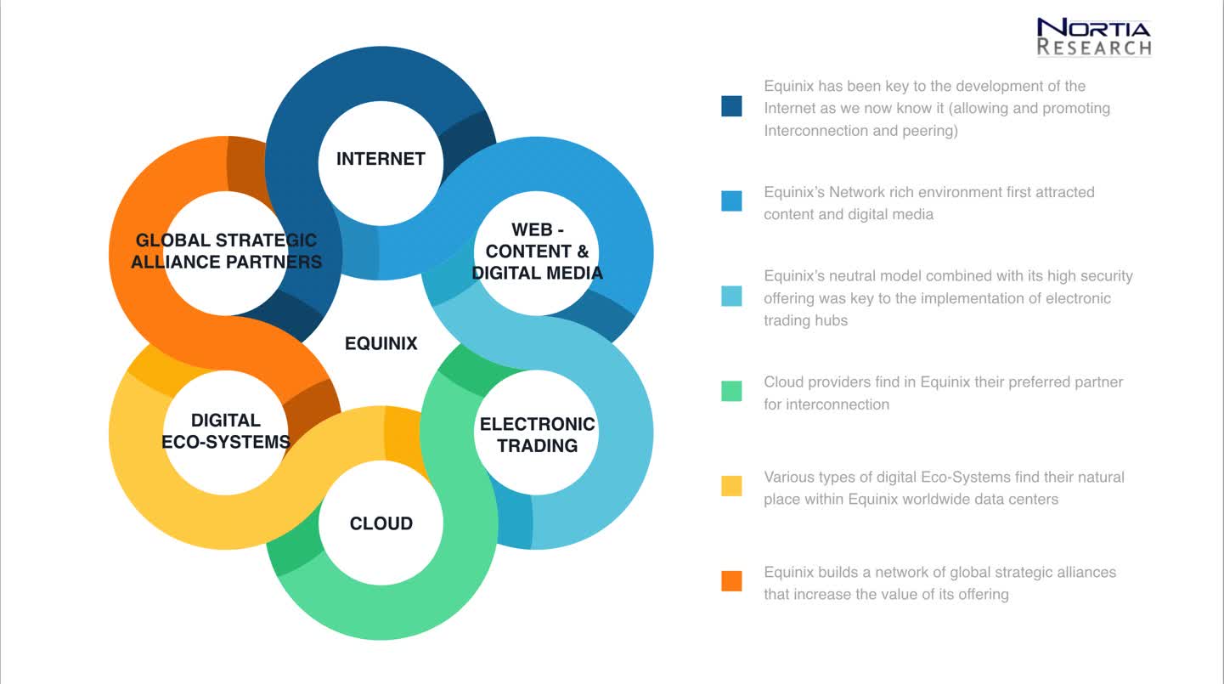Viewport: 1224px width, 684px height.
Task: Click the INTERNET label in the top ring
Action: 381,159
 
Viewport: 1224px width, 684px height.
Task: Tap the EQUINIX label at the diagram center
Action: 381,343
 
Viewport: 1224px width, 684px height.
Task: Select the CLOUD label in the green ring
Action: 381,523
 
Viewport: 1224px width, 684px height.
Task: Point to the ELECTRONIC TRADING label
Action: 537,435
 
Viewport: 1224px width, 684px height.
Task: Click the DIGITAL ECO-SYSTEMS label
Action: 226,431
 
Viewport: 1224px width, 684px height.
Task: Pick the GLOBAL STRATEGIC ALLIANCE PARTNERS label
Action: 226,251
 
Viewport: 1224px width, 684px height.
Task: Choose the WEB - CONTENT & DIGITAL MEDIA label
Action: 537,251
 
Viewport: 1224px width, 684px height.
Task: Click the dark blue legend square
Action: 731,106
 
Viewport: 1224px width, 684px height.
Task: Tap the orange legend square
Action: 731,580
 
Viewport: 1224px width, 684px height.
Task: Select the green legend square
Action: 731,391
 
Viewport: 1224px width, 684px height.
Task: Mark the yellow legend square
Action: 731,485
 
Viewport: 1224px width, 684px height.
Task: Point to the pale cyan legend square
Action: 731,296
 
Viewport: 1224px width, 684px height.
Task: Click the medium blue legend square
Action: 731,201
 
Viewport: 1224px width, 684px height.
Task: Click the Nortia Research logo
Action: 1094,37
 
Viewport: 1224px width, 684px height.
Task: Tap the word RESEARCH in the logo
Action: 1094,48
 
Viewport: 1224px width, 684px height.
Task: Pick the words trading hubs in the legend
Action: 805,320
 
